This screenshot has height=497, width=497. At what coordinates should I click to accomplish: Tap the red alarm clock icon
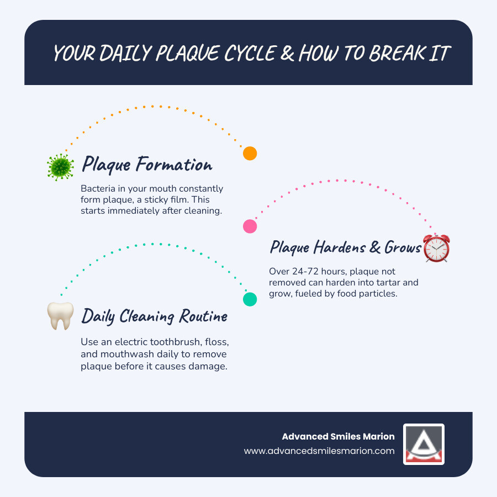click(436, 248)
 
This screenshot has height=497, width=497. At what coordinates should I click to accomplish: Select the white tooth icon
click(60, 316)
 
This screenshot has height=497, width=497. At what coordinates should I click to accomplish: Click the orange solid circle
click(250, 154)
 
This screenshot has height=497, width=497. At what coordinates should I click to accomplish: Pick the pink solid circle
click(250, 226)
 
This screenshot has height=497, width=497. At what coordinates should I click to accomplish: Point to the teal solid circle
click(250, 299)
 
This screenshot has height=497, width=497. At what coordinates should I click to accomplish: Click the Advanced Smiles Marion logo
click(424, 444)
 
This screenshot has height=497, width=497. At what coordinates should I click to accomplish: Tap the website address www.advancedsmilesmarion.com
click(319, 451)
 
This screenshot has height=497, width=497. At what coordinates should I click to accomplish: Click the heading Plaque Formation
click(147, 165)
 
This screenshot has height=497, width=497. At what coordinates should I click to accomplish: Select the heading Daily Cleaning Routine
click(155, 316)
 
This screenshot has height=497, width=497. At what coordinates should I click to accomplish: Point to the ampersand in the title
click(286, 54)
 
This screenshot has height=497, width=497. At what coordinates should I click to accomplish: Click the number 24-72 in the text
click(305, 272)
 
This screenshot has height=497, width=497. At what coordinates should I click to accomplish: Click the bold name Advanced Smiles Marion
click(338, 436)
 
